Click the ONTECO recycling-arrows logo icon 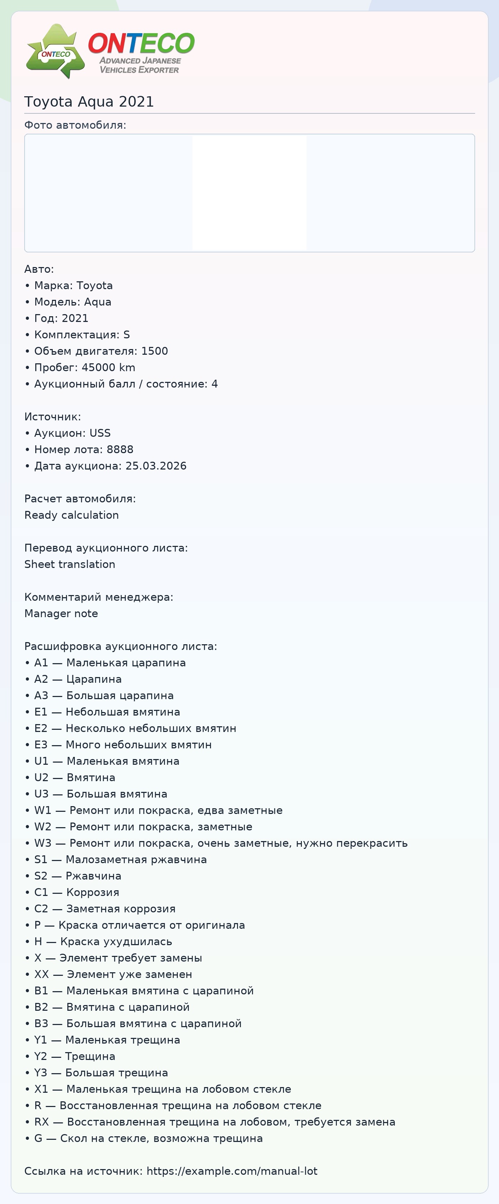pyautogui.click(x=56, y=51)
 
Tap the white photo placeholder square pyautogui.click(x=249, y=193)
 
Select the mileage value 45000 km pyautogui.click(x=108, y=367)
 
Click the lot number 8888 pyautogui.click(x=120, y=450)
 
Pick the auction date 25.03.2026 pyautogui.click(x=156, y=466)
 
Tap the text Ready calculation pyautogui.click(x=72, y=515)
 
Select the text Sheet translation pyautogui.click(x=70, y=564)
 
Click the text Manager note pyautogui.click(x=61, y=614)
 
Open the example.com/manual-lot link pyautogui.click(x=232, y=1171)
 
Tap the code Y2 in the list pyautogui.click(x=41, y=1056)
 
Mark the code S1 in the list pyautogui.click(x=41, y=860)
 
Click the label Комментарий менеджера pyautogui.click(x=99, y=597)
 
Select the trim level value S pyautogui.click(x=126, y=335)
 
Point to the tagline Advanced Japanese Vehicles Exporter pyautogui.click(x=140, y=66)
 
